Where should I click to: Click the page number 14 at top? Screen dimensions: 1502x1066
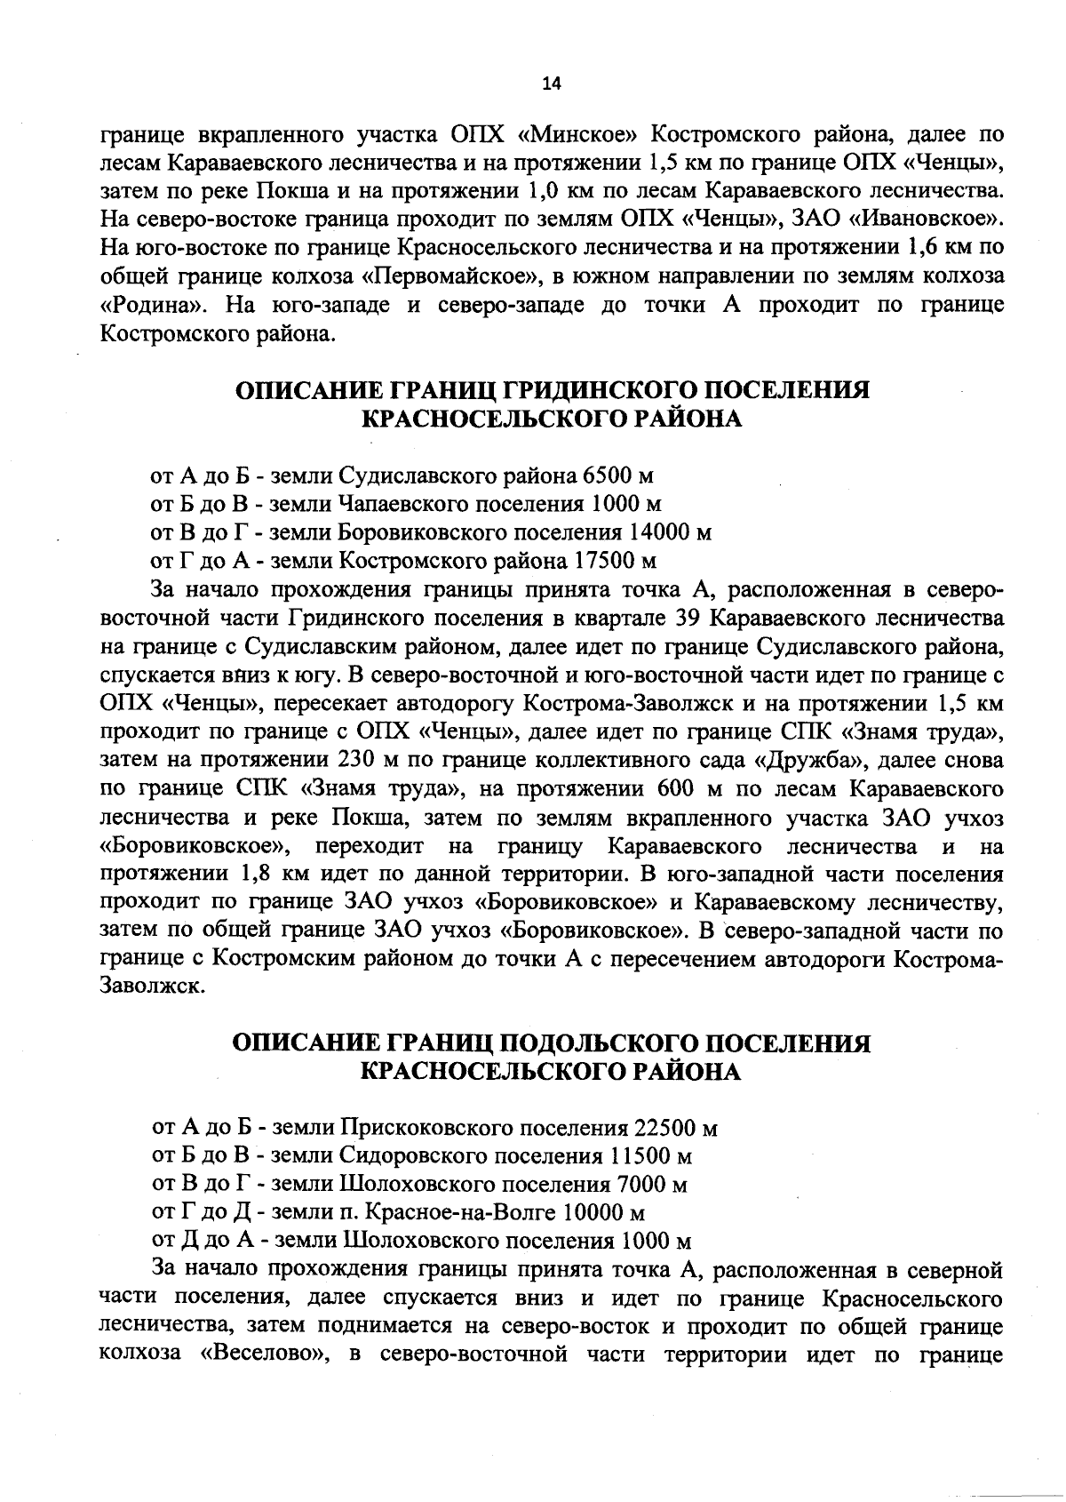(x=551, y=84)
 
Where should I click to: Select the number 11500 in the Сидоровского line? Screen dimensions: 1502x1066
(x=641, y=1156)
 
